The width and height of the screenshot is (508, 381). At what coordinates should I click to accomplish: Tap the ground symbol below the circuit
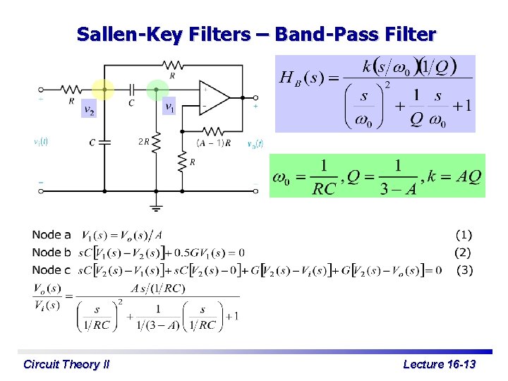click(156, 207)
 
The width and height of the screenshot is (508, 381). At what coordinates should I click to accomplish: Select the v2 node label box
click(89, 110)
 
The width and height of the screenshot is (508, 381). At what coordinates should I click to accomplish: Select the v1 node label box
click(169, 107)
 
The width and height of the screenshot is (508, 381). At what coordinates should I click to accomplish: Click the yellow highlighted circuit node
click(104, 90)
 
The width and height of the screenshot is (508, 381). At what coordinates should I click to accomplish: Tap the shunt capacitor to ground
click(104, 143)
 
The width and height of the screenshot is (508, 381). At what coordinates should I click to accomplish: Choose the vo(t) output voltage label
click(255, 144)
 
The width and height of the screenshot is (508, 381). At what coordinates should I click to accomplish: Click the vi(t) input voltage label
click(41, 142)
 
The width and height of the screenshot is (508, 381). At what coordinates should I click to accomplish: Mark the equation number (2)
click(462, 252)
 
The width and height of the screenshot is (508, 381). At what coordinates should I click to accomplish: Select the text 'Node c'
click(52, 270)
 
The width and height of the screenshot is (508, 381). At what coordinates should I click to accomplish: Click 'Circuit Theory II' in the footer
click(66, 364)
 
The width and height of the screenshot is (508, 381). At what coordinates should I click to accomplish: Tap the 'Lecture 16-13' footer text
click(440, 364)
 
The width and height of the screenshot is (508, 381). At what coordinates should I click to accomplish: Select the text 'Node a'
click(52, 234)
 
